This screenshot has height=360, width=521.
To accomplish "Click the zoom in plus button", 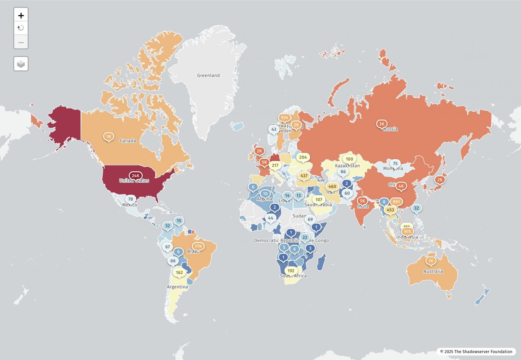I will [21, 15].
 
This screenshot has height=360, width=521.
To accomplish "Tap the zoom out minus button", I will [21, 42].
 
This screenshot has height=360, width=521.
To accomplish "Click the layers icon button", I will [21, 64].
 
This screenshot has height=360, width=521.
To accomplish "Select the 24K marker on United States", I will [135, 176].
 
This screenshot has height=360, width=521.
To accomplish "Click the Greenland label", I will [208, 75].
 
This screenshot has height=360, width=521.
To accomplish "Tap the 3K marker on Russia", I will [382, 124].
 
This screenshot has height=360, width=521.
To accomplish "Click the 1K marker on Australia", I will [431, 261].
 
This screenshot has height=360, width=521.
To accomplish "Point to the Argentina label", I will [177, 287].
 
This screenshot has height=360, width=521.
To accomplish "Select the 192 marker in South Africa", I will [291, 270].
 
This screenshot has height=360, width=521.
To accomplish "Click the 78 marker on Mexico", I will [130, 199].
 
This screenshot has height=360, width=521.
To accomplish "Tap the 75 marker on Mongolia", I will [395, 164].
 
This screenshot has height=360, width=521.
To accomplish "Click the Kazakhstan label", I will [347, 166].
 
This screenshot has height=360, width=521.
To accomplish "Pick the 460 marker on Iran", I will [332, 186].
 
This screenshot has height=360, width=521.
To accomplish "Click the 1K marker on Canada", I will [108, 136].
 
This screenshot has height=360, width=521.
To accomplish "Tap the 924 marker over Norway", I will [284, 118].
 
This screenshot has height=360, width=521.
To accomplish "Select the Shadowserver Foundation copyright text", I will [476, 351].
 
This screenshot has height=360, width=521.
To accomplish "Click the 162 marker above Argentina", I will [179, 272].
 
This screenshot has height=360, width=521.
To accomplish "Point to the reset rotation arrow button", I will [21, 28].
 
